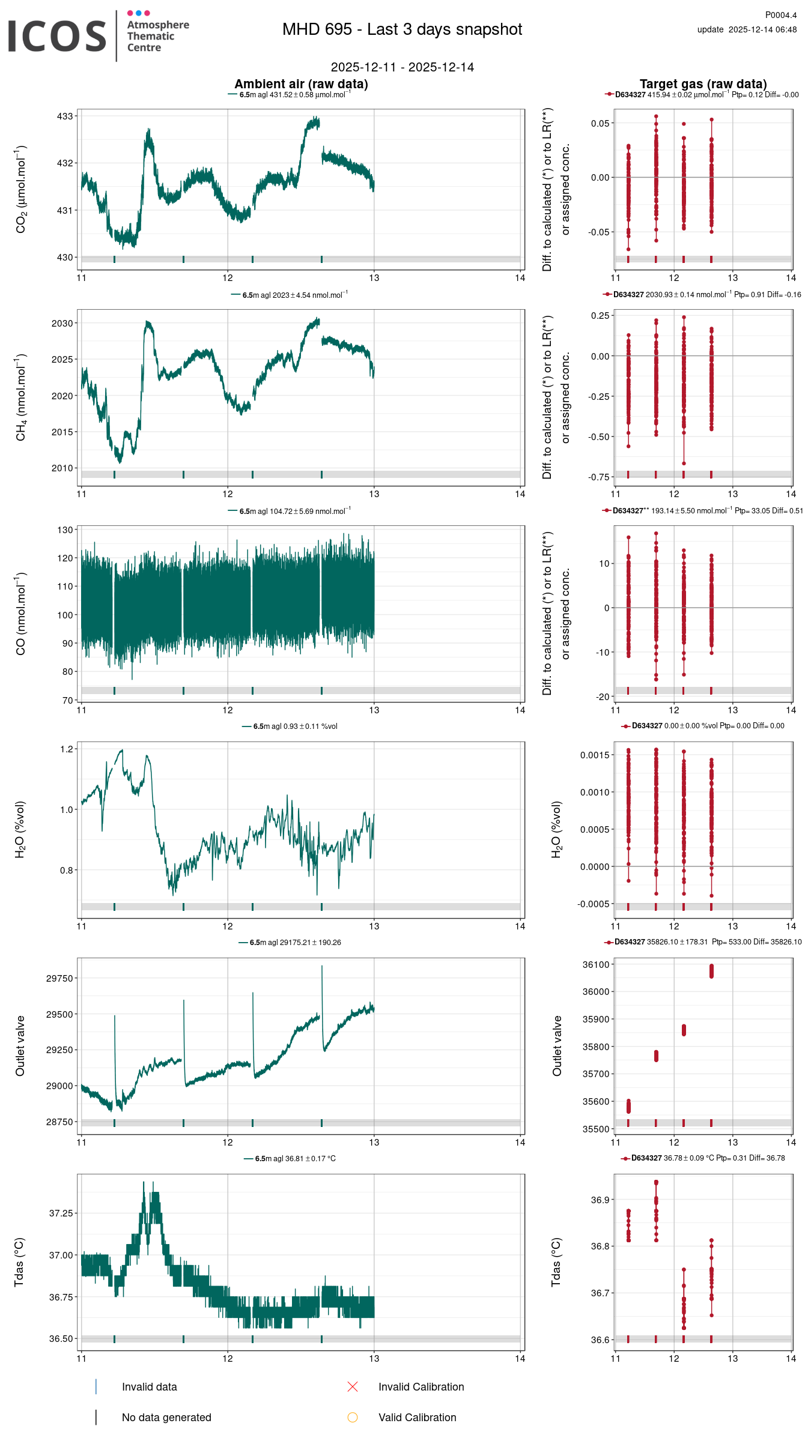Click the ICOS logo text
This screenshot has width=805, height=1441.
pyautogui.click(x=57, y=36)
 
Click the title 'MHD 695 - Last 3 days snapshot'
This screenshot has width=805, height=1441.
pyautogui.click(x=402, y=29)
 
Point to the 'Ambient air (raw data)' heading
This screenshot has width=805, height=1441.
pyautogui.click(x=301, y=84)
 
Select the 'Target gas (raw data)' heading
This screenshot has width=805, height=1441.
pyautogui.click(x=703, y=84)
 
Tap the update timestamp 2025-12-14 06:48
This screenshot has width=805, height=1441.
pyautogui.click(x=762, y=29)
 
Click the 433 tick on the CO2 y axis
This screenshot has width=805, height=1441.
pyautogui.click(x=65, y=116)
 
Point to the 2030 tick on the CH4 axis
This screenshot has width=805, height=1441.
pyautogui.click(x=62, y=323)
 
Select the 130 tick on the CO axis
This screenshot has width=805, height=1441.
pyautogui.click(x=65, y=530)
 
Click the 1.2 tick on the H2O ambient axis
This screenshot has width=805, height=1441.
pyautogui.click(x=66, y=749)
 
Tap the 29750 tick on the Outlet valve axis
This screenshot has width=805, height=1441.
pyautogui.click(x=59, y=978)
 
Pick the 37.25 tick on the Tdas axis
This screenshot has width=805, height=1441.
pyautogui.click(x=61, y=1213)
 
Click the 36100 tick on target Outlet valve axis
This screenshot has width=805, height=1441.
pyautogui.click(x=596, y=964)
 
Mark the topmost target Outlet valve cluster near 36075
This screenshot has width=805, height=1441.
pyautogui.click(x=711, y=971)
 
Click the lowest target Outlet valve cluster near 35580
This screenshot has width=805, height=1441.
pyautogui.click(x=628, y=1106)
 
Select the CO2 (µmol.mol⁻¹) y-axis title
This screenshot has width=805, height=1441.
pyautogui.click(x=21, y=189)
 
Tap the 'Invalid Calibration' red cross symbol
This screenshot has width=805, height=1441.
pyautogui.click(x=353, y=1386)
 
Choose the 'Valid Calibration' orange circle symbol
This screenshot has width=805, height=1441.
pyautogui.click(x=353, y=1417)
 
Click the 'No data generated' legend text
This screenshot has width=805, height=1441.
pyautogui.click(x=166, y=1417)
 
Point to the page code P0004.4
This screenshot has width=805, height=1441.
pyautogui.click(x=780, y=15)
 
